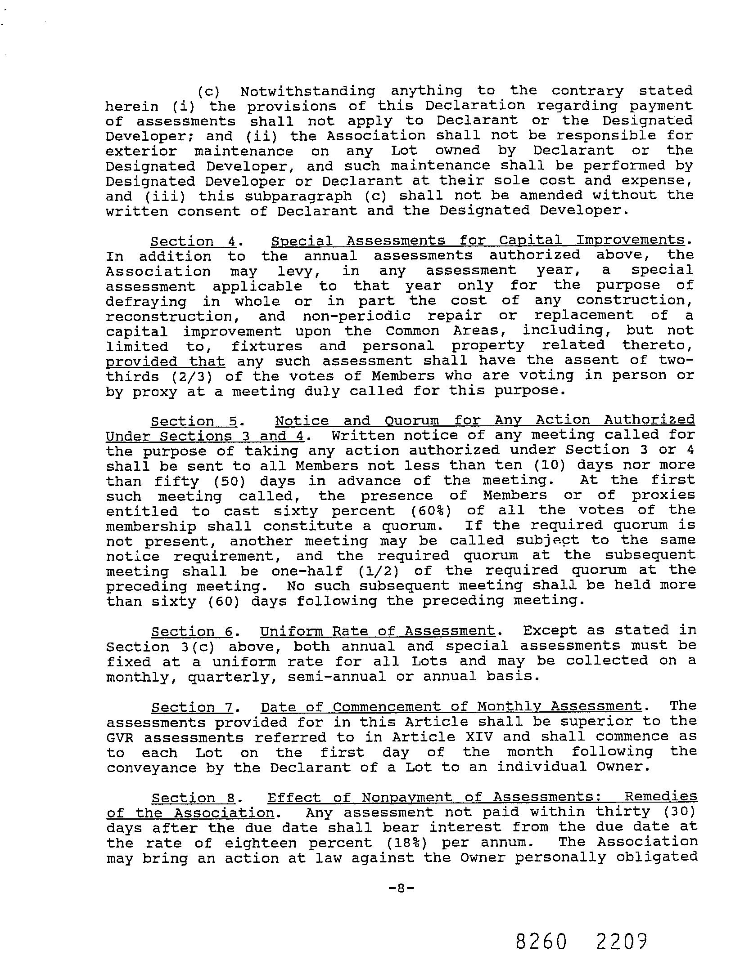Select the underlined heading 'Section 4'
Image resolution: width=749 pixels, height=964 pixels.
[193, 241]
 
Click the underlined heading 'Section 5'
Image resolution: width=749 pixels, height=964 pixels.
[194, 421]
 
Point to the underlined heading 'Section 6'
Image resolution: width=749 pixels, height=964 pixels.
[192, 632]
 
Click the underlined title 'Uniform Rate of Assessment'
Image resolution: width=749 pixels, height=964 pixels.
[378, 631]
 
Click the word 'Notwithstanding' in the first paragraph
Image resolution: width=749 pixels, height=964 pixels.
[307, 91]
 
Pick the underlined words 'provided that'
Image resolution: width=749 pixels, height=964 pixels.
[165, 361]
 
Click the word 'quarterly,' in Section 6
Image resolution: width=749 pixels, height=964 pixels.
[232, 677]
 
